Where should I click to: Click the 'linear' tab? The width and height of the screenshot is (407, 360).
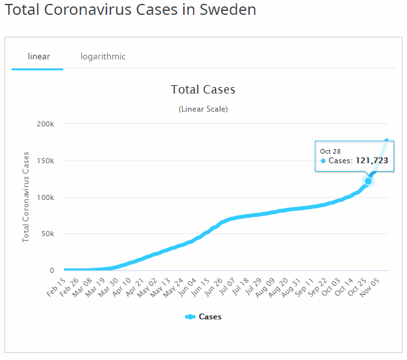(39, 56)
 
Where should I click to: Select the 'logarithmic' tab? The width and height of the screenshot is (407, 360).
(103, 56)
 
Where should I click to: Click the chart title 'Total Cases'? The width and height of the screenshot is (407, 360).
(203, 90)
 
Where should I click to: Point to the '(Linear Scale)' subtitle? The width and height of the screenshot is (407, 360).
(203, 109)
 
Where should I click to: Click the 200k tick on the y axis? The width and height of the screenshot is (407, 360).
(46, 124)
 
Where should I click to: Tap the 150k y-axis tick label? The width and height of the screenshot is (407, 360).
(46, 161)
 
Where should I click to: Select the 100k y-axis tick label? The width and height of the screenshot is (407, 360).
(46, 197)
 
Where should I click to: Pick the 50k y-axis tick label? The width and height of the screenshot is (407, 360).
(48, 234)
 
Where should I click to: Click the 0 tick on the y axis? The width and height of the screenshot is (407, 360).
(52, 270)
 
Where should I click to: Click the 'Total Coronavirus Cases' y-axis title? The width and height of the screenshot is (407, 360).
(26, 197)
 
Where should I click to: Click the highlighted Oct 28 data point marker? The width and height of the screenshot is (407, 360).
(368, 181)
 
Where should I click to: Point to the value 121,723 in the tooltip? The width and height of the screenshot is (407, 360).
(372, 161)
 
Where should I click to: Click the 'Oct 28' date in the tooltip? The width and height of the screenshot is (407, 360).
(330, 151)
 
